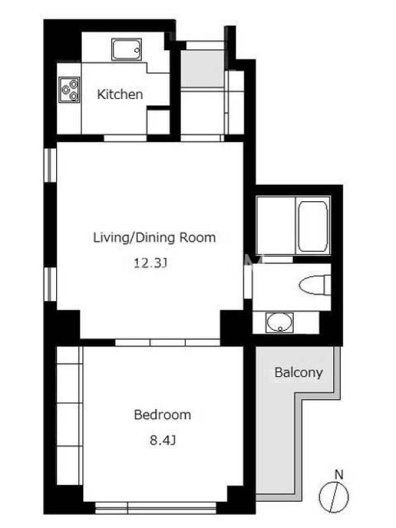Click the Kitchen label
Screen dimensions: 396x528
pyautogui.click(x=120, y=94)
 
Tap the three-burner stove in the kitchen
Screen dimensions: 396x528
pyautogui.click(x=69, y=90)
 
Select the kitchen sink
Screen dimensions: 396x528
pyautogui.click(x=127, y=49)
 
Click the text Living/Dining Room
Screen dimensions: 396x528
pyautogui.click(x=154, y=238)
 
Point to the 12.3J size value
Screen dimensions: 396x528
pyautogui.click(x=150, y=263)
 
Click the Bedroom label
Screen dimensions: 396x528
pyautogui.click(x=162, y=414)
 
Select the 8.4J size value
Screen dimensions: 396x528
pyautogui.click(x=162, y=440)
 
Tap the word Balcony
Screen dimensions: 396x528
pyautogui.click(x=299, y=372)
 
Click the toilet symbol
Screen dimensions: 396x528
pyautogui.click(x=315, y=285)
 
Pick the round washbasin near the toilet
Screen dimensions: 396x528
pyautogui.click(x=279, y=323)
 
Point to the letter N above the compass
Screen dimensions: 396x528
pyautogui.click(x=339, y=475)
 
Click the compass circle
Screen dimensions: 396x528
pyautogui.click(x=334, y=497)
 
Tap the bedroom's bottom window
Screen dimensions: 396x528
pyautogui.click(x=156, y=508)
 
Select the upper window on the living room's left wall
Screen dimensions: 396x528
pyautogui.click(x=51, y=166)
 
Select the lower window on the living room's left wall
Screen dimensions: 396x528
pyautogui.click(x=51, y=284)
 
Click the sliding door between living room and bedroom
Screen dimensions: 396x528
pyautogui.click(x=168, y=343)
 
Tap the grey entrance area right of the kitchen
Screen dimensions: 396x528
pyautogui.click(x=203, y=69)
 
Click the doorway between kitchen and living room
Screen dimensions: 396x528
pyautogui.click(x=125, y=138)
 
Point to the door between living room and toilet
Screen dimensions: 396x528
pyautogui.click(x=248, y=282)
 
